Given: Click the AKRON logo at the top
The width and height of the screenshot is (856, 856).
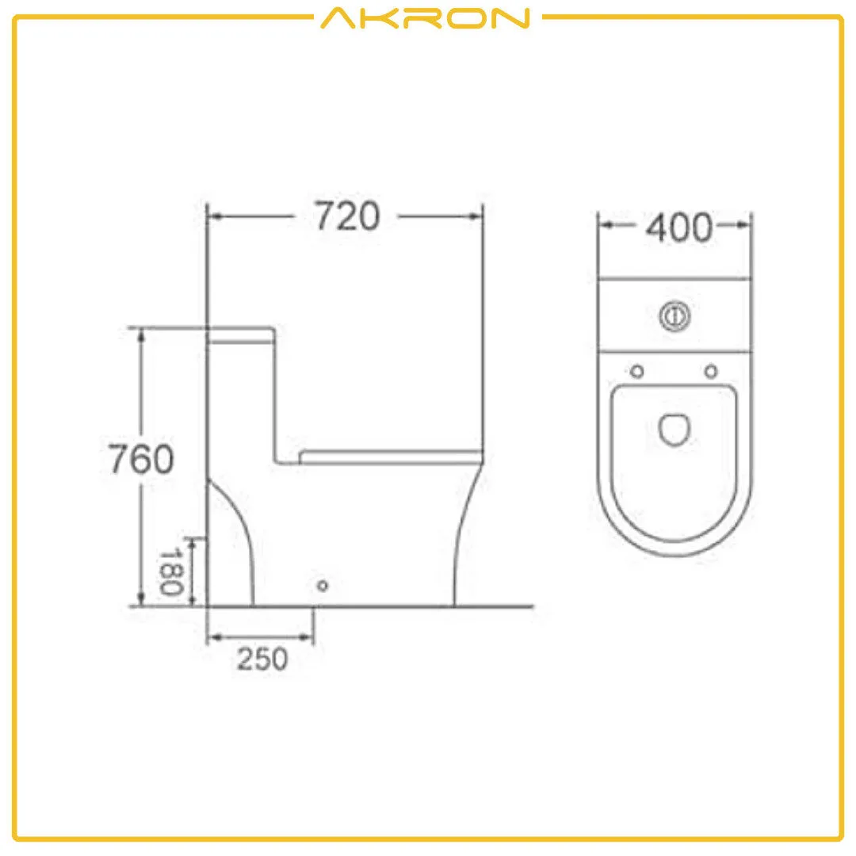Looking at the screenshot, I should (425, 17).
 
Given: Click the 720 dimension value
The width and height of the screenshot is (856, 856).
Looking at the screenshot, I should (348, 216).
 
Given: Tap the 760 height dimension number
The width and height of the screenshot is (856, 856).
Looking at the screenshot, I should (140, 460).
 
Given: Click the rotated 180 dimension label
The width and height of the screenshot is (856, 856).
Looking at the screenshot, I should (172, 572).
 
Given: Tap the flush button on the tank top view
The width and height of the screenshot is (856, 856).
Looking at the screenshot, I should (674, 316).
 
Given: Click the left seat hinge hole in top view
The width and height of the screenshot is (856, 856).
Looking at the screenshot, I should (636, 370).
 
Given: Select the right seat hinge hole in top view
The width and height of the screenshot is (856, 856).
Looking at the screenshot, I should (711, 370).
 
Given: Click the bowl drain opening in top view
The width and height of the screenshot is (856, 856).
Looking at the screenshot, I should (674, 428).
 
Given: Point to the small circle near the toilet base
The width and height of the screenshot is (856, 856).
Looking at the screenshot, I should (322, 586).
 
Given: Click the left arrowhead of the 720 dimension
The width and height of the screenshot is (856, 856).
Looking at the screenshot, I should (213, 215).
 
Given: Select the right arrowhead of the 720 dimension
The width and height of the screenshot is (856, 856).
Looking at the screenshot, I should (476, 215).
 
